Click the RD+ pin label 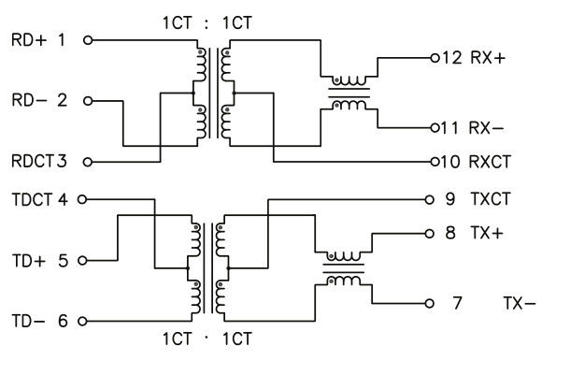pyautogui.click(x=27, y=40)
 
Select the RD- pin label pyautogui.click(x=27, y=99)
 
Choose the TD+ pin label pyautogui.click(x=27, y=261)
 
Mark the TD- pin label pyautogui.click(x=27, y=321)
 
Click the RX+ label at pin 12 pyautogui.click(x=487, y=58)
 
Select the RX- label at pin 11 pyautogui.click(x=487, y=126)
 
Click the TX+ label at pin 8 pyautogui.click(x=487, y=233)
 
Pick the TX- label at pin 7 pyautogui.click(x=519, y=303)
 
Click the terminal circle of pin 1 pyautogui.click(x=89, y=40)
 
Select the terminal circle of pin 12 pyautogui.click(x=435, y=58)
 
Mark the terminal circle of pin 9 pyautogui.click(x=429, y=199)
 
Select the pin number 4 pyautogui.click(x=63, y=199)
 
